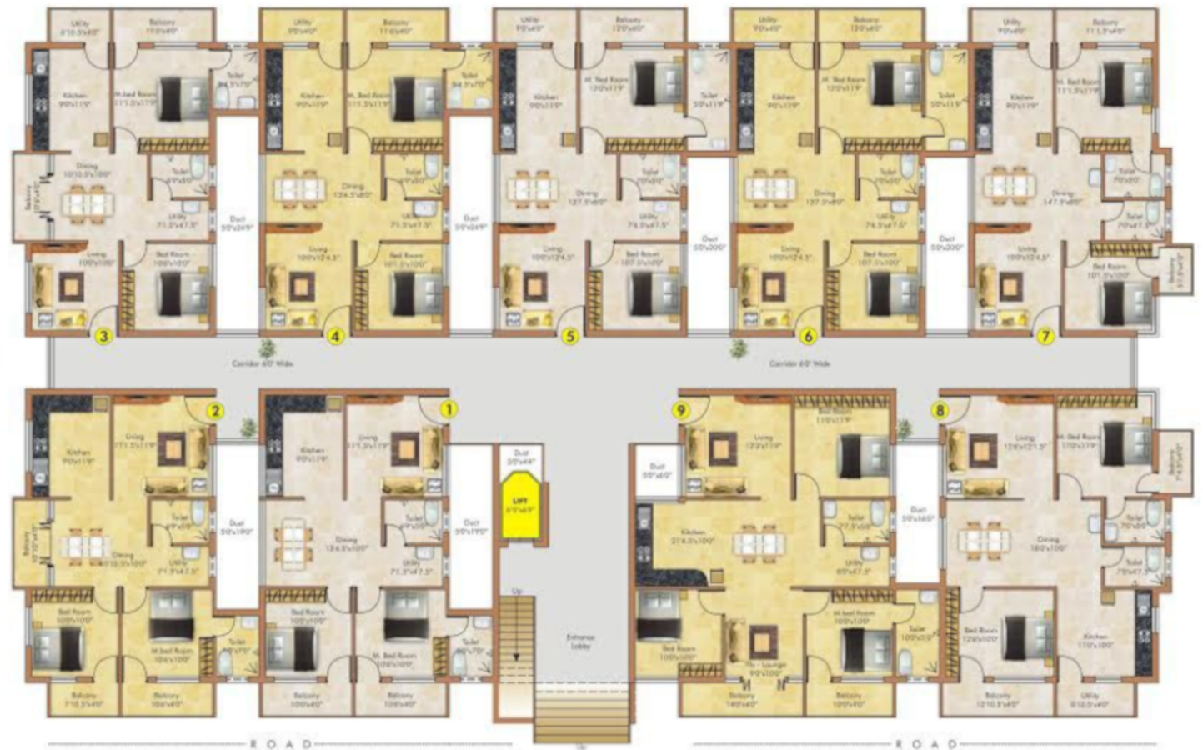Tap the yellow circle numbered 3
103,337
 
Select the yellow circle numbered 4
336,337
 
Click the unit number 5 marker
571,337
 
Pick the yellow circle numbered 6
807,337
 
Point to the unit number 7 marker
1045,337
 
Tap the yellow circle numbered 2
215,410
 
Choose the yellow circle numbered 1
449,409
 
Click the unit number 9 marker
679,410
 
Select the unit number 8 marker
940,410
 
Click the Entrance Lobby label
580,642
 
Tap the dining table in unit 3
88,201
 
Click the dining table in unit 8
983,540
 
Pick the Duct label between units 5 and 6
709,242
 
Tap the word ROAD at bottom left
281,743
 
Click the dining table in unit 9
759,543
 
